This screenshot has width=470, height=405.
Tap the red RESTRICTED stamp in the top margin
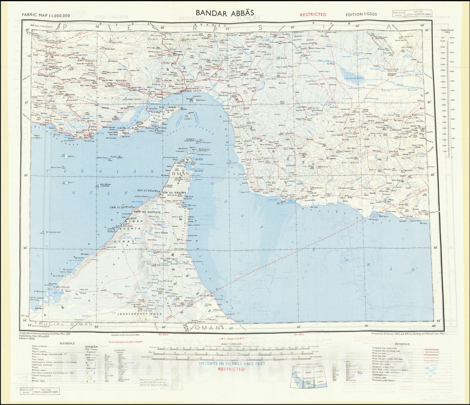[x=313, y=14]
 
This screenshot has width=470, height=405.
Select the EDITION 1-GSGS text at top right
[x=361, y=14]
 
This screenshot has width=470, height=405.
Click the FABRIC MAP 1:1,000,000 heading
[x=46, y=15]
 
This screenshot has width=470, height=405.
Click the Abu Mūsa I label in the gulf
[x=106, y=185]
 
